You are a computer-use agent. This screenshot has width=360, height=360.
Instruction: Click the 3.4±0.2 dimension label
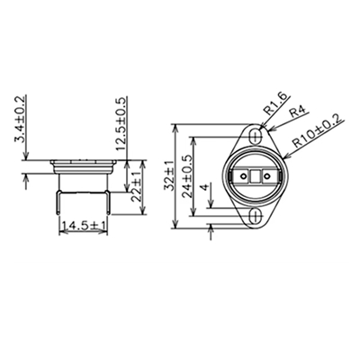tap(19, 121)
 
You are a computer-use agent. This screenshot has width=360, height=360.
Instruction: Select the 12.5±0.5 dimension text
tap(121, 123)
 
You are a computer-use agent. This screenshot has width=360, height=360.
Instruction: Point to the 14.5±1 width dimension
tap(84, 226)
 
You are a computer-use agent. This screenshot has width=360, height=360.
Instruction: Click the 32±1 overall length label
tap(169, 175)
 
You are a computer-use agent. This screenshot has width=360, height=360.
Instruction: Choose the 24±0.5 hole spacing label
tap(187, 175)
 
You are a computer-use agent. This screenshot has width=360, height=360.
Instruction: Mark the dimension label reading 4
tap(204, 187)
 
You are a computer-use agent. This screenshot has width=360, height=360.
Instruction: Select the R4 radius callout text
tap(297, 112)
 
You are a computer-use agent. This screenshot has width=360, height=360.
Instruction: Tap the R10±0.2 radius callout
tap(319, 132)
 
